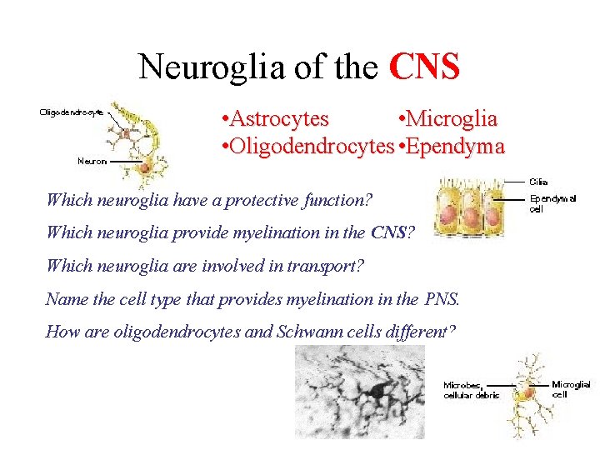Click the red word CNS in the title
coord(424,67)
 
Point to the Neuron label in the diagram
coord(92,161)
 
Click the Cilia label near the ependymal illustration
coord(538,182)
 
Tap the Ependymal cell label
coord(552,203)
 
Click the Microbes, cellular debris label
coord(471,390)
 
